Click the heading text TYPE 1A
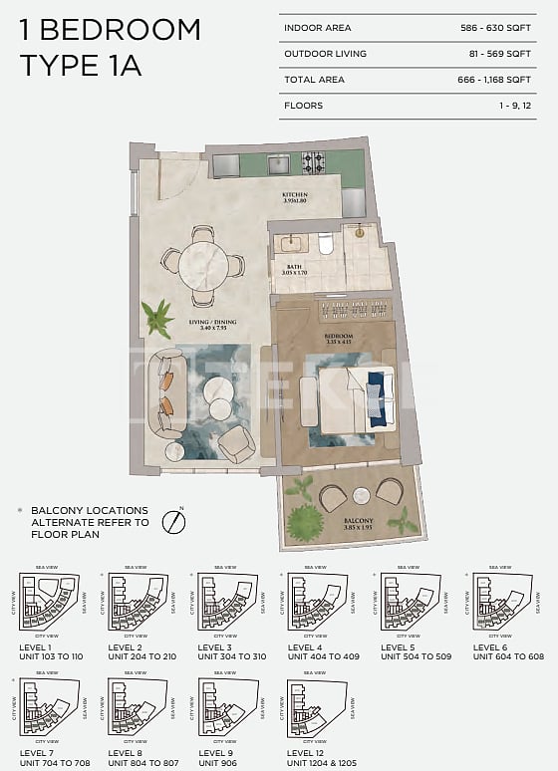pyautogui.click(x=81, y=66)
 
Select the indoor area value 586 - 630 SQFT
pyautogui.click(x=502, y=29)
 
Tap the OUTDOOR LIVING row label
pyautogui.click(x=325, y=54)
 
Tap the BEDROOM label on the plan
pyautogui.click(x=339, y=338)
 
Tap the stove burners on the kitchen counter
pyautogui.click(x=314, y=161)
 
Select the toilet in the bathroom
pyautogui.click(x=325, y=242)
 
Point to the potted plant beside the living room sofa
pyautogui.click(x=156, y=318)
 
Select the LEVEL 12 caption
pyautogui.click(x=309, y=753)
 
